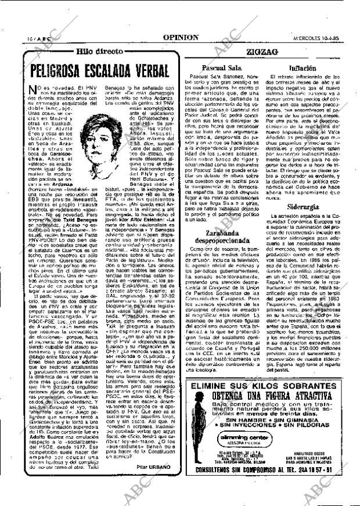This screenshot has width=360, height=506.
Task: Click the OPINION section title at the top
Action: coord(181,37)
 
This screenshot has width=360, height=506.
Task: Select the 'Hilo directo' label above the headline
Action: coord(100,52)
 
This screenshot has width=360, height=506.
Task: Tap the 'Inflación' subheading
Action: coord(303,67)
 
